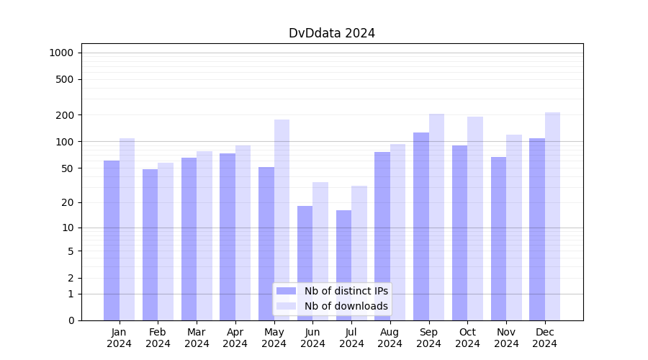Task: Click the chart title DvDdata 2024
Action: [331, 33]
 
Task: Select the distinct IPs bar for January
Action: [112, 240]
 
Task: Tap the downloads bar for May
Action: [282, 220]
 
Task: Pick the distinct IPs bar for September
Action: [421, 226]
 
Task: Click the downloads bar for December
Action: [552, 216]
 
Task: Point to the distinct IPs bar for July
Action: [343, 265]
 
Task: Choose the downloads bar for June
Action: [320, 251]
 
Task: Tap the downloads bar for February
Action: [166, 241]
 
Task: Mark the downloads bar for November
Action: [514, 228]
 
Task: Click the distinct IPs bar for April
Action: [228, 237]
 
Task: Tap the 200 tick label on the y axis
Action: [66, 115]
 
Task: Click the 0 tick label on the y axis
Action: [71, 320]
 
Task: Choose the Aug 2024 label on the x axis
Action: [390, 338]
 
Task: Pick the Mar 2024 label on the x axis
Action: [197, 338]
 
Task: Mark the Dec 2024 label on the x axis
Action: [544, 338]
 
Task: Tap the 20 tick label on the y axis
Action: [68, 202]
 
